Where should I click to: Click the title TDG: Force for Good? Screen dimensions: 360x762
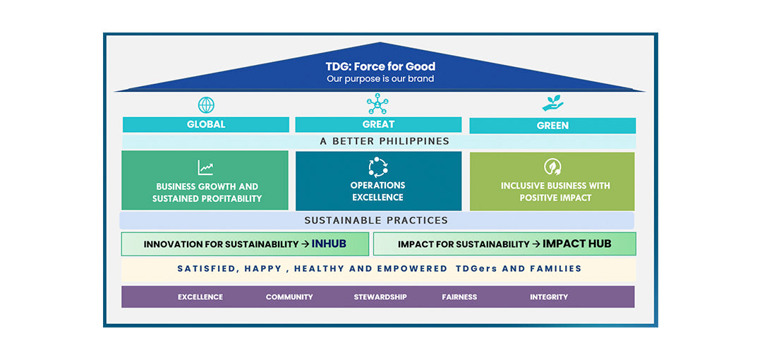(380, 67)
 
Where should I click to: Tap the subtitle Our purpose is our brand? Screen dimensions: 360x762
(380, 79)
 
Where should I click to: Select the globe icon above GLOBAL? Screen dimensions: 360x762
(206, 105)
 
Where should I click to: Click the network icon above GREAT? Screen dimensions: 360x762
(377, 104)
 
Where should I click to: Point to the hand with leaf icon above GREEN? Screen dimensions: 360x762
(552, 104)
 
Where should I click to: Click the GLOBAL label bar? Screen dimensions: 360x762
(206, 124)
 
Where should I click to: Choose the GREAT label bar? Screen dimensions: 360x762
(378, 124)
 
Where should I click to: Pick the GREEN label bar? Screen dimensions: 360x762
(552, 126)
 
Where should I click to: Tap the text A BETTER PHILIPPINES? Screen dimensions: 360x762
(385, 141)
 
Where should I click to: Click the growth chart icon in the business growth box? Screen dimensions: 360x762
(205, 168)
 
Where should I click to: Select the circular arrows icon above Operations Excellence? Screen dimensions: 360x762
(378, 167)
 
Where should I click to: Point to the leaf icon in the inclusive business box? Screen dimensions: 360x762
(552, 167)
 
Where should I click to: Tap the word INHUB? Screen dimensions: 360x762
(329, 244)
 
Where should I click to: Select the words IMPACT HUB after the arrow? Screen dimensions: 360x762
(576, 244)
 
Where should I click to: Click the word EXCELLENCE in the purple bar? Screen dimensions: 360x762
(200, 297)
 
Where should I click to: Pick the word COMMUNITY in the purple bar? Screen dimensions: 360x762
(289, 297)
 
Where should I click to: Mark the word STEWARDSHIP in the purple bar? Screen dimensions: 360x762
(380, 297)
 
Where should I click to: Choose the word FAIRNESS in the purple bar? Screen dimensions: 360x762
(459, 297)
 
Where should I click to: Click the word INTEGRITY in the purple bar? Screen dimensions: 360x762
(549, 297)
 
